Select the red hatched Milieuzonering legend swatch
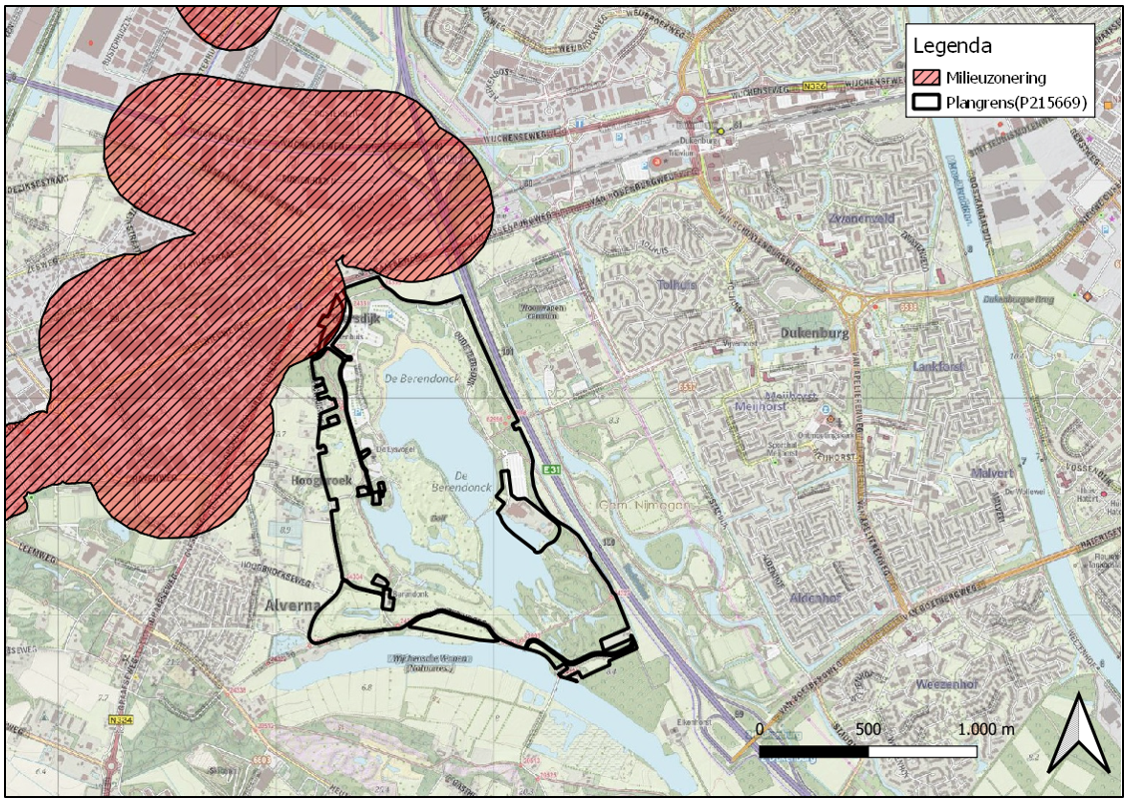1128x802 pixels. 932,78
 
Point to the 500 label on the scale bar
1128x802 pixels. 867,729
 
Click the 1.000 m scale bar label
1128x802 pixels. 985,729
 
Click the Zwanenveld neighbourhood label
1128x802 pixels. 860,217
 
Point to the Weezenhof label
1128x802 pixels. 944,685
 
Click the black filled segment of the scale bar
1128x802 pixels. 814,749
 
